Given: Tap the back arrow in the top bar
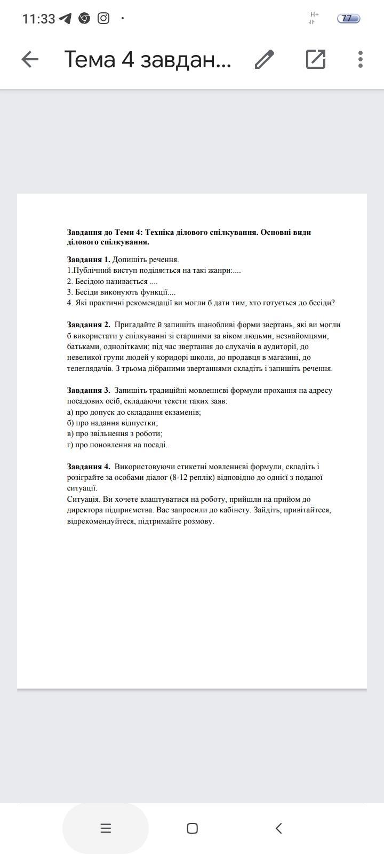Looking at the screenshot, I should pos(30,59).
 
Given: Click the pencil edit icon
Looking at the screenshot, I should pos(265,59).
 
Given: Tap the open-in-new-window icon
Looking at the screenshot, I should pos(316,59).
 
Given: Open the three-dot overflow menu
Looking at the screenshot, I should pos(361,59).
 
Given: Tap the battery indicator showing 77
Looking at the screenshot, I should pos(348,19).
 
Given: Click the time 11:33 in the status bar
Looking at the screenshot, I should pos(38,19).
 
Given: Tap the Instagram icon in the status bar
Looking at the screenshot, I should pos(103,18).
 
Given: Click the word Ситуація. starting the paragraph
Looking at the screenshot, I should pos(84,500).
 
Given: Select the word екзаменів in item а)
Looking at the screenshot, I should pos(183,412).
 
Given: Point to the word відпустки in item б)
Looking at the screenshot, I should pos(140,423).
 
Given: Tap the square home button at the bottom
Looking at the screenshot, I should pos(193,828).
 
